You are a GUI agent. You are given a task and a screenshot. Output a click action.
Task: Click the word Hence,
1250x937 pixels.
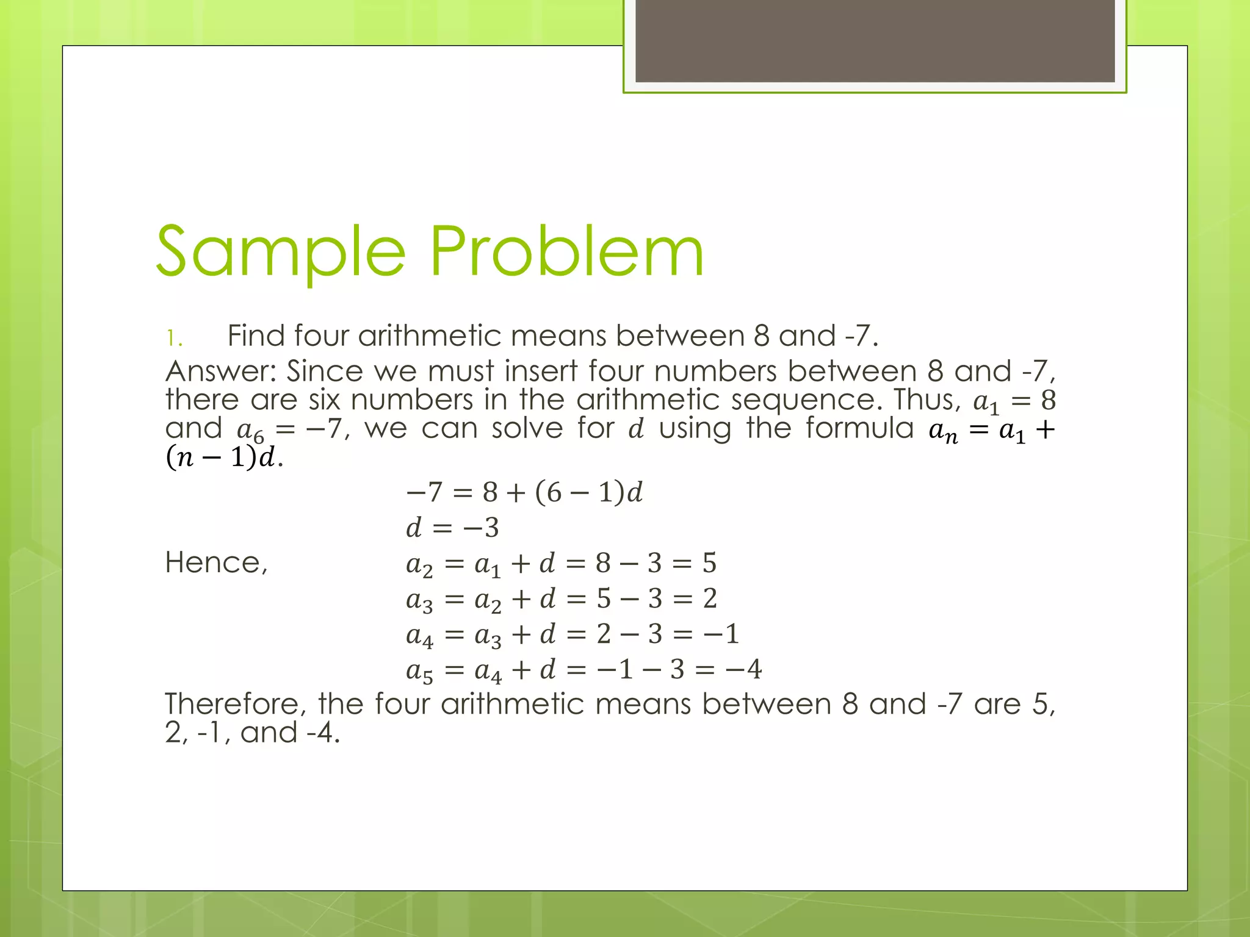pyautogui.click(x=216, y=562)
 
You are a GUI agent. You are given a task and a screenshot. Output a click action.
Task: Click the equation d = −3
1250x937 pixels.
pyautogui.click(x=452, y=528)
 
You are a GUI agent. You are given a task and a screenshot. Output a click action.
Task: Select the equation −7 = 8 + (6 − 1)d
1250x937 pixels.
pyautogui.click(x=524, y=492)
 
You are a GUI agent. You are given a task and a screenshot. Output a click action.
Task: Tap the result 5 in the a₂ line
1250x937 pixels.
pyautogui.click(x=709, y=563)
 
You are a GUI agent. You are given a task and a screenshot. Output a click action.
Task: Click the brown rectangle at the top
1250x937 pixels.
pyautogui.click(x=875, y=40)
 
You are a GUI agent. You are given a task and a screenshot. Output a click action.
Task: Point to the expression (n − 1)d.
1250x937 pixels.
pyautogui.click(x=223, y=458)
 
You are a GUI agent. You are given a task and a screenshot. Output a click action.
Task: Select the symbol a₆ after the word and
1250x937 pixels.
pyautogui.click(x=250, y=431)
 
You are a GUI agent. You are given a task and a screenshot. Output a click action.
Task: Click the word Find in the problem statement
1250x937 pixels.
pyautogui.click(x=256, y=336)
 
